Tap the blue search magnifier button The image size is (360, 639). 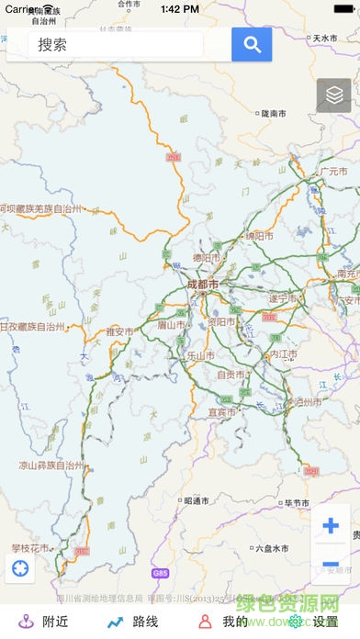tap(252, 43)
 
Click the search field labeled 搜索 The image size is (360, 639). tap(119, 44)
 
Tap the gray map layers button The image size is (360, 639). tap(334, 95)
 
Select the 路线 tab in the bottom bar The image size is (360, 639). tap(134, 622)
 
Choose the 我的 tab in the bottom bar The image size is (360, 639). tap(224, 622)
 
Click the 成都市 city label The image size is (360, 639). tap(202, 285)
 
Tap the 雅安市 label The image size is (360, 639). tap(120, 331)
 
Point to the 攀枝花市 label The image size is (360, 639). tap(28, 547)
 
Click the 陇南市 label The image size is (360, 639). tap(274, 113)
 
